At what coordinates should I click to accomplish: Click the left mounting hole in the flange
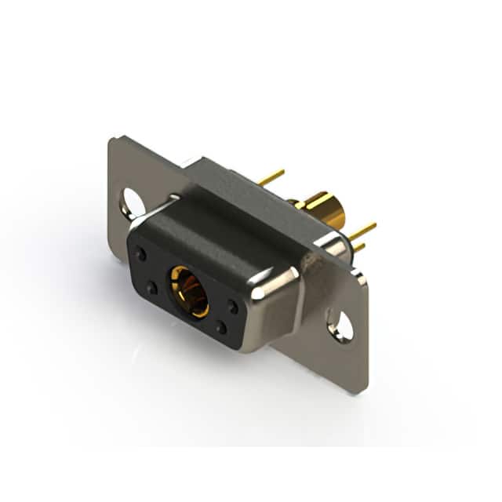[x=133, y=203]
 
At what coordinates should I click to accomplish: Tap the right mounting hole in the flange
[x=340, y=326]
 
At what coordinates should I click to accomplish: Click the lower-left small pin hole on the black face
[x=151, y=288]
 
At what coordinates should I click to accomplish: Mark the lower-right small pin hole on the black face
[x=222, y=328]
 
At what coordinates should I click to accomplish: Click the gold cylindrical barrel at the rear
[x=324, y=208]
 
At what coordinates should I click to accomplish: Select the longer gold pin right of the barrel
[x=362, y=230]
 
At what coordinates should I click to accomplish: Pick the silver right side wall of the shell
[x=271, y=322]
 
